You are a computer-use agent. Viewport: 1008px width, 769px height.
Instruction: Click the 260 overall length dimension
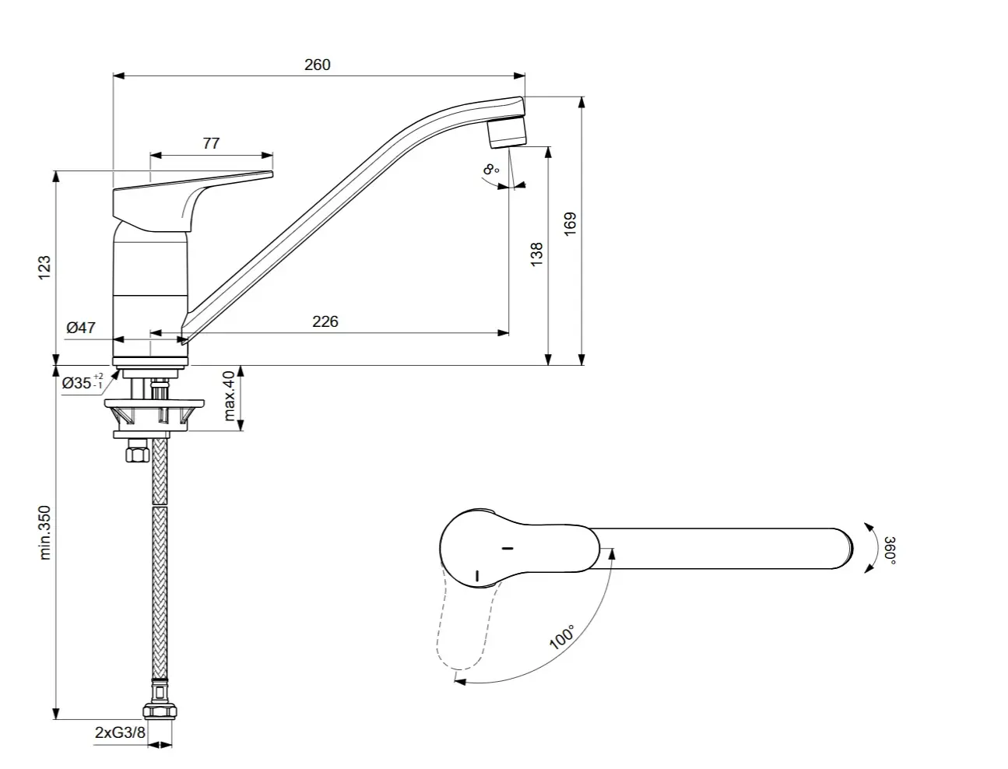point(317,65)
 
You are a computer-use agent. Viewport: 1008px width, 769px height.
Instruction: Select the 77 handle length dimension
point(211,143)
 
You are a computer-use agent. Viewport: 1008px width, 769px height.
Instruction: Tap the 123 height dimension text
point(44,267)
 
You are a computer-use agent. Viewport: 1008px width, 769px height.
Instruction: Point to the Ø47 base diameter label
point(80,328)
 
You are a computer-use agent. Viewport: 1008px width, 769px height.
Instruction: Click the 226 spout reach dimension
point(325,321)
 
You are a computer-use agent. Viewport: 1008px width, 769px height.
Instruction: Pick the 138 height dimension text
point(536,255)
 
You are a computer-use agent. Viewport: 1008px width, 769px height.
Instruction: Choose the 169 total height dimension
point(570,224)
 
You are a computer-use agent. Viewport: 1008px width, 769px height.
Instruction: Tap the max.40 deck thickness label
point(230,395)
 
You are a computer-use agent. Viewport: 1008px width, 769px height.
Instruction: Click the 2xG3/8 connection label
point(119,732)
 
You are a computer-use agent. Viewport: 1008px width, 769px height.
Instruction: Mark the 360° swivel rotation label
point(890,550)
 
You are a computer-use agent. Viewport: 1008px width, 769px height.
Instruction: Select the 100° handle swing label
point(562,637)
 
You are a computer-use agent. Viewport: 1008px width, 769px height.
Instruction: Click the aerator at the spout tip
point(506,132)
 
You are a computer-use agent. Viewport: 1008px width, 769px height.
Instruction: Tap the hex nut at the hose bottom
point(159,711)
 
